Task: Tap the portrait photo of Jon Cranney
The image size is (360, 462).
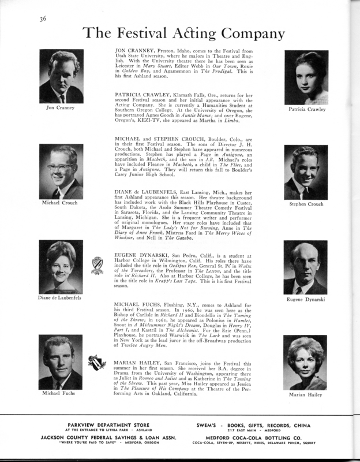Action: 61,76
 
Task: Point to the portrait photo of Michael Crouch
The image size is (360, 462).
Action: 61,172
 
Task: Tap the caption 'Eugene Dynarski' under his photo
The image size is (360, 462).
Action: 306,300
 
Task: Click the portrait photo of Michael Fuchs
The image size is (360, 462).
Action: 61,362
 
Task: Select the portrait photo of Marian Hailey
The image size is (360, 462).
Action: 306,363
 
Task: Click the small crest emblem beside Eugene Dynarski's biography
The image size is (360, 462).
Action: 97,264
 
